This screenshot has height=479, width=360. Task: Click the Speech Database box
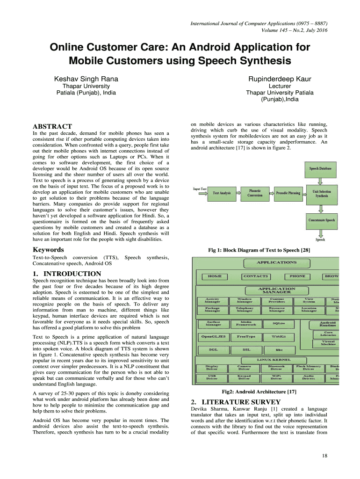tap(320, 168)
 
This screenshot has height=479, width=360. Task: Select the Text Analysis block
tap(222, 193)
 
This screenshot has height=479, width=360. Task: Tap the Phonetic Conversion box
tap(255, 193)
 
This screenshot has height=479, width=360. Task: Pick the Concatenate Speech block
tap(320, 220)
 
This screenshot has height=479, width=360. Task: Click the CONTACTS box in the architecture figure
tap(256, 276)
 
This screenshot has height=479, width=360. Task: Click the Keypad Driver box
tap(245, 377)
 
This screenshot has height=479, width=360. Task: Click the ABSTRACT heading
tap(52, 127)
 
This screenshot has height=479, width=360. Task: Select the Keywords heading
tap(48, 250)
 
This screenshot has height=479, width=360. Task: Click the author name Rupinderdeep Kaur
tap(280, 79)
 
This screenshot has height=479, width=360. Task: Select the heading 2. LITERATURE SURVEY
tap(236, 402)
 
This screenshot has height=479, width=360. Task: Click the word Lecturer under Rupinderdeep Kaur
tap(280, 86)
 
